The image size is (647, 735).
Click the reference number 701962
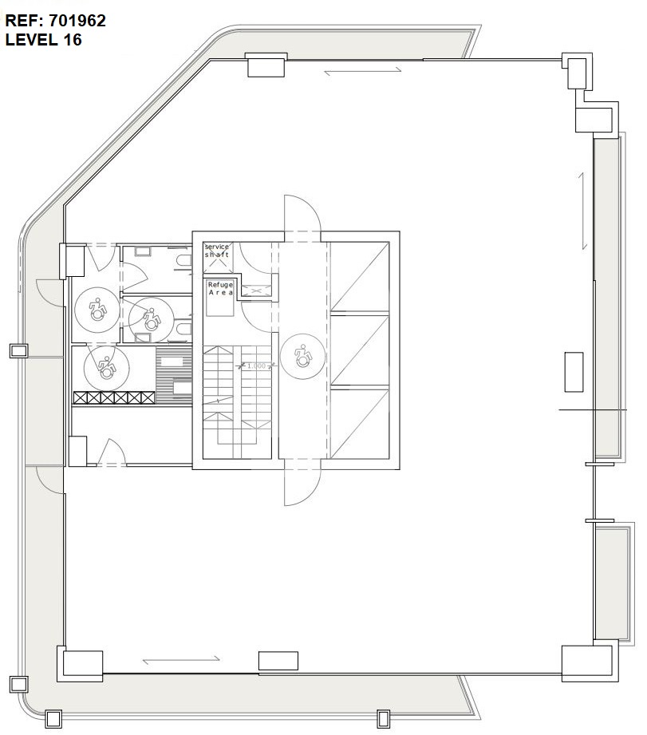tap(77, 21)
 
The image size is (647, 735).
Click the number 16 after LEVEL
tap(73, 40)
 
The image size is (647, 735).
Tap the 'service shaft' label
tap(216, 251)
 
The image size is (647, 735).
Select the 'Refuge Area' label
tap(220, 288)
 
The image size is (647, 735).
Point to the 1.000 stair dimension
tap(256, 366)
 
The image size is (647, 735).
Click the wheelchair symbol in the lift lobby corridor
tap(303, 356)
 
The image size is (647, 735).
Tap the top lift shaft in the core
tap(360, 277)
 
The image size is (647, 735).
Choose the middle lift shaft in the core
tap(360, 350)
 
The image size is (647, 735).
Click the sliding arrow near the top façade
tap(363, 71)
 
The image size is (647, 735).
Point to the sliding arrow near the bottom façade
tap(181, 660)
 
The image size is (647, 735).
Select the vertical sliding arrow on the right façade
tap(583, 211)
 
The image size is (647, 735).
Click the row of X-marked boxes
tap(114, 398)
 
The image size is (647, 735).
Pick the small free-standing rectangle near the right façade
tap(574, 372)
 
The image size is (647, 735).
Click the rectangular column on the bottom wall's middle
tap(278, 661)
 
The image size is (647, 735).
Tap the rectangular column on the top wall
tap(266, 65)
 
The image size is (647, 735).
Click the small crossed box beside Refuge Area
tap(256, 290)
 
